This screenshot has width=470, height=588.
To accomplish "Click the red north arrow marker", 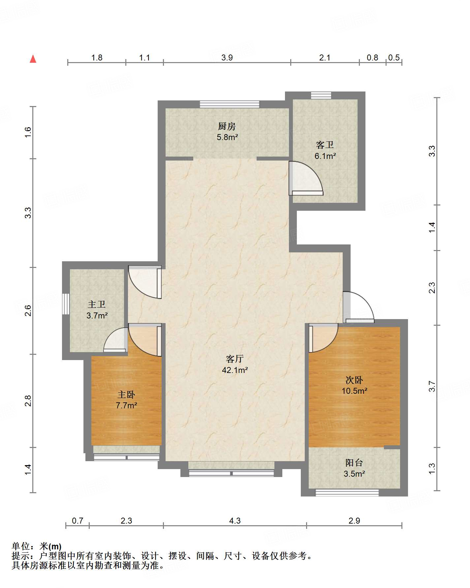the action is pyautogui.click(x=33, y=59).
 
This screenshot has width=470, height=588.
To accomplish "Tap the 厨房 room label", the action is pyautogui.click(x=227, y=126).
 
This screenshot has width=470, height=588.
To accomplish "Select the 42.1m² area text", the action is pyautogui.click(x=235, y=370).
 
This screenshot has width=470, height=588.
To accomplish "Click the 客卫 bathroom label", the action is pyautogui.click(x=325, y=145).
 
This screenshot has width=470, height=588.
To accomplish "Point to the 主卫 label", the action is pyautogui.click(x=97, y=304).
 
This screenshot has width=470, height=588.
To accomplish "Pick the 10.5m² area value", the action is pyautogui.click(x=355, y=391).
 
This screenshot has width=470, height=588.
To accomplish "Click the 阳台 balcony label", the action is pyautogui.click(x=354, y=463).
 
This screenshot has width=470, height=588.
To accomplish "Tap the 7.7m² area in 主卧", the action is pyautogui.click(x=126, y=405).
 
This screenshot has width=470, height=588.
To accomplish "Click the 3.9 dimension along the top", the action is pyautogui.click(x=227, y=58).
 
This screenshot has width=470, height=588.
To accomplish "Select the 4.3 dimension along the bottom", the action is pyautogui.click(x=235, y=521).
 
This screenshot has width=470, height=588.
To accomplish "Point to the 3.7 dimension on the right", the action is pyautogui.click(x=432, y=386).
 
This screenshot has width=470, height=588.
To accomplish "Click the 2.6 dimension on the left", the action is pyautogui.click(x=28, y=311).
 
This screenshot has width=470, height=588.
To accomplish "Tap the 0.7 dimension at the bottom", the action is pyautogui.click(x=78, y=521).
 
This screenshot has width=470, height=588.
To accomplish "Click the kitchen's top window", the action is pyautogui.click(x=230, y=104).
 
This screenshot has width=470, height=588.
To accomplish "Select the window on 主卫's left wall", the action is pyautogui.click(x=66, y=304).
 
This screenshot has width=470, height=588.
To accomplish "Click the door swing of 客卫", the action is pyautogui.click(x=306, y=178).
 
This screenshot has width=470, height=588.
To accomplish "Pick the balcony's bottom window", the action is pyautogui.click(x=347, y=493).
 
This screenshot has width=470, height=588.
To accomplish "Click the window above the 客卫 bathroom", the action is pyautogui.click(x=321, y=95).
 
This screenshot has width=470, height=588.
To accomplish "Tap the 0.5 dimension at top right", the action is pyautogui.click(x=394, y=58).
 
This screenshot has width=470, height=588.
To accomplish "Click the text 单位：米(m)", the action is pyautogui.click(x=37, y=546).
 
